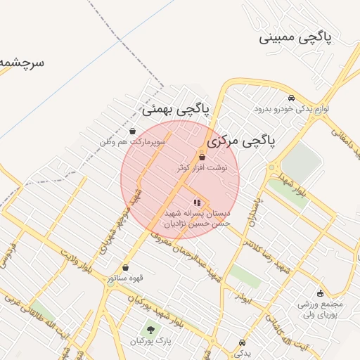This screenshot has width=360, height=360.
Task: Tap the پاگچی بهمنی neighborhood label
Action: (x=175, y=109)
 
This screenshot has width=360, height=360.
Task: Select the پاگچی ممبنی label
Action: (x=304, y=37)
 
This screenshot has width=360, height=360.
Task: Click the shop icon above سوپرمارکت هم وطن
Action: (x=133, y=131)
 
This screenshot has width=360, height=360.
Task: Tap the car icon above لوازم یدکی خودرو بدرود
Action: (x=291, y=98)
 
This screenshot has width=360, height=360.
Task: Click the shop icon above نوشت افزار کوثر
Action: (x=202, y=157)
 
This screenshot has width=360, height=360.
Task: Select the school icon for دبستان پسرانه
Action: (x=196, y=202)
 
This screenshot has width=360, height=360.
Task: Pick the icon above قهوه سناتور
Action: (x=126, y=267)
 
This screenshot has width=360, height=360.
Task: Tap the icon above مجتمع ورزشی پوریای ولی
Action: (x=321, y=293)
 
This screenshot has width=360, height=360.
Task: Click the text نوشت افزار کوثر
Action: (x=202, y=168)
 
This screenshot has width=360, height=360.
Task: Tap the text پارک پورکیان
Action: (x=150, y=341)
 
